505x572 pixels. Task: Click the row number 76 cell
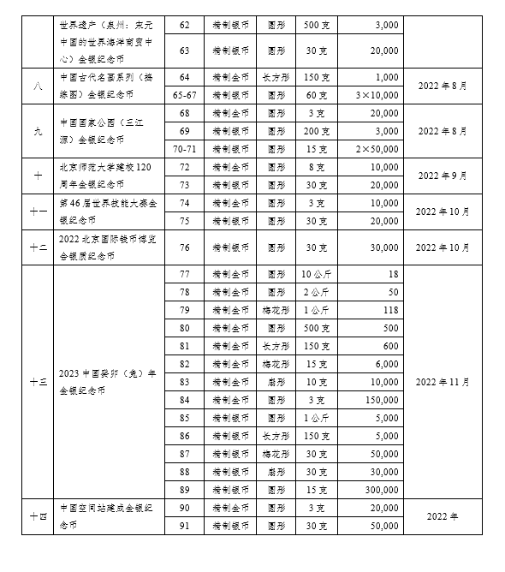coord(185,248)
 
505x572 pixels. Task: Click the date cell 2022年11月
coord(443,382)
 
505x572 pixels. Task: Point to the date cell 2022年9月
coord(443,176)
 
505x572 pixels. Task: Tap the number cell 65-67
coord(185,94)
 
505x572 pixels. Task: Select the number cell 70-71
coord(185,149)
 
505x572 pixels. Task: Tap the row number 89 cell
coord(185,489)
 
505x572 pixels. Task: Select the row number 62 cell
coord(185,26)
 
